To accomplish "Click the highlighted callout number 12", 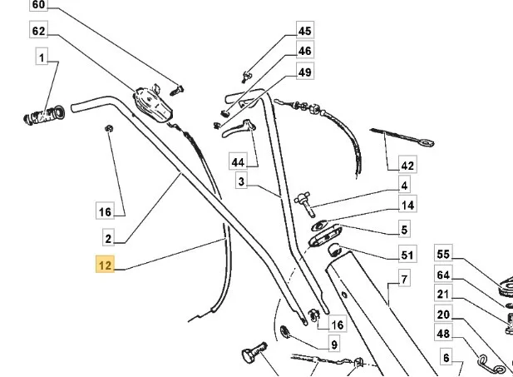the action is point(105,265).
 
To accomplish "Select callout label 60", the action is point(38,5).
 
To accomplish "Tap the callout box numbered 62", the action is point(38,30).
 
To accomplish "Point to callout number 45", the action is point(305,30).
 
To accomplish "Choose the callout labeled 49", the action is point(305,71).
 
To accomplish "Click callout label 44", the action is point(238,161).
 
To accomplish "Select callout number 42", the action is point(407,165).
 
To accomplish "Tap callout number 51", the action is point(407,254).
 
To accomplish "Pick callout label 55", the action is point(443,253).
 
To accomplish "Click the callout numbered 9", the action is point(334,344).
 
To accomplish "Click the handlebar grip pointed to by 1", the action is point(44,115).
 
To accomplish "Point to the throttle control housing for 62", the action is point(152,103).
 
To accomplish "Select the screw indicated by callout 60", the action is point(176,90).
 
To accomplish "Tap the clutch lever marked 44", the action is point(238,128).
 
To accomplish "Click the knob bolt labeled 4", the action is point(304,204).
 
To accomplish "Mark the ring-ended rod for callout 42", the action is point(402,136).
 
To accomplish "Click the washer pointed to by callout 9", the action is point(285,332).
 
